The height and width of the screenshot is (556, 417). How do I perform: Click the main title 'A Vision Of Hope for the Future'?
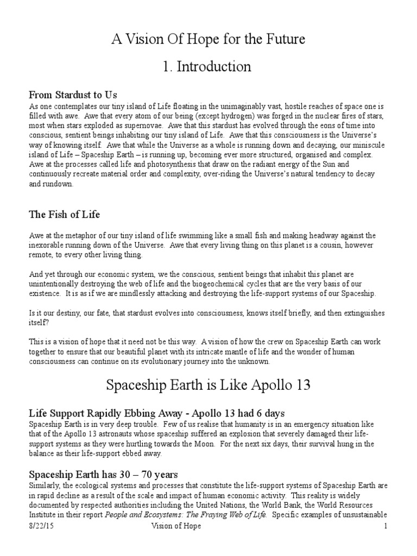point(208,39)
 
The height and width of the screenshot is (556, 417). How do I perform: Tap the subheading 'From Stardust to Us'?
point(73,96)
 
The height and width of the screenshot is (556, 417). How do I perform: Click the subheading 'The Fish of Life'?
point(64,214)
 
